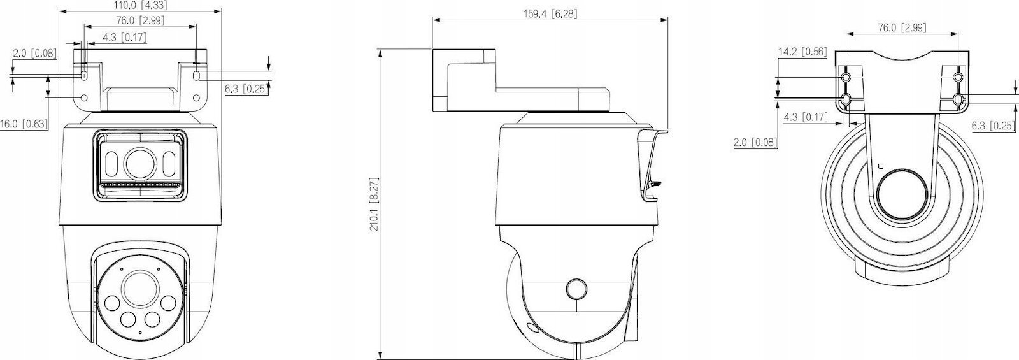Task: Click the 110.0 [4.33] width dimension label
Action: click(140, 6)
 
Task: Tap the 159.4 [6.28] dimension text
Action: click(550, 13)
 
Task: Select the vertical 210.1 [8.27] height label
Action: click(374, 205)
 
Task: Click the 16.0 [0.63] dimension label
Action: click(24, 124)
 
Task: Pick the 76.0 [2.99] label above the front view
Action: click(140, 20)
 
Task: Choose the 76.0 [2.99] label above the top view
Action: click(902, 28)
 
